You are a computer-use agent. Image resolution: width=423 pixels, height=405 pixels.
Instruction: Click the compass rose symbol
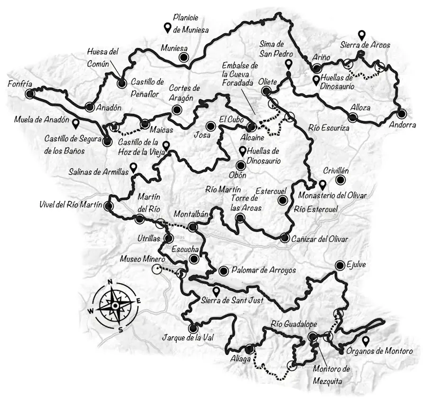[x=115, y=305]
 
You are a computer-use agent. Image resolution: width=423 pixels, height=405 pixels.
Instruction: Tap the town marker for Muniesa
[x=183, y=58]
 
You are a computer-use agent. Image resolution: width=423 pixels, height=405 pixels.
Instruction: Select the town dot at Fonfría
[x=30, y=93]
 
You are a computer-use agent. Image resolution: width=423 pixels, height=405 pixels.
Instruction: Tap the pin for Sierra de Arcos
[x=362, y=35]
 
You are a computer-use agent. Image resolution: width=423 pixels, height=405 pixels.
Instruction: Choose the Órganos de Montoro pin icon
[x=365, y=341]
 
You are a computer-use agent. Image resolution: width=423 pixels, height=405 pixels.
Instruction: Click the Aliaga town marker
[x=249, y=349]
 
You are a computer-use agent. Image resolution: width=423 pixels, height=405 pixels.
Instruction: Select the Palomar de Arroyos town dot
[x=223, y=270]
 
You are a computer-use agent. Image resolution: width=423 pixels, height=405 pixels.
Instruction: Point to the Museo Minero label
[x=143, y=260]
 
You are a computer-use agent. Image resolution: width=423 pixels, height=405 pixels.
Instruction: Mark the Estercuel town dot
[x=283, y=201]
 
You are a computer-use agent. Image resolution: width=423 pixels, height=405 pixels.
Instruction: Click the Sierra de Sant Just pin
[x=215, y=291]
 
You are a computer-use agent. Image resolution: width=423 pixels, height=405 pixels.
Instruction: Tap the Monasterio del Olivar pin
[x=322, y=185]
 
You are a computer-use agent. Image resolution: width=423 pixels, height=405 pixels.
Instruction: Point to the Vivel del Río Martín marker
[x=109, y=206]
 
